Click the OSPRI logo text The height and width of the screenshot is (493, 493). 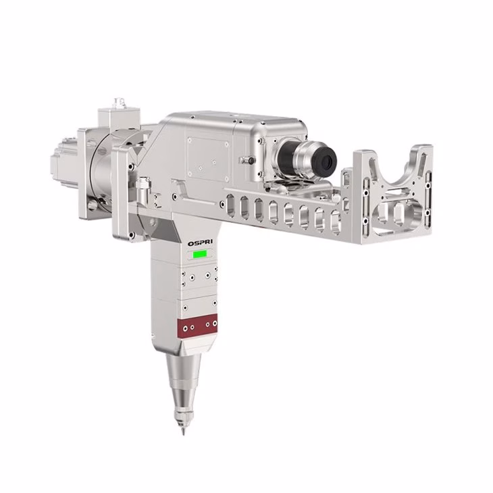pos(200,243)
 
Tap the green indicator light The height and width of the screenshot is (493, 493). pos(200,254)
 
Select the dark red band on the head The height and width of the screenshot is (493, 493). pos(197,326)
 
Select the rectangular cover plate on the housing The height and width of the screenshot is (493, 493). pos(208,159)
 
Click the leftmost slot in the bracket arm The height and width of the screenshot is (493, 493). pos(230,205)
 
